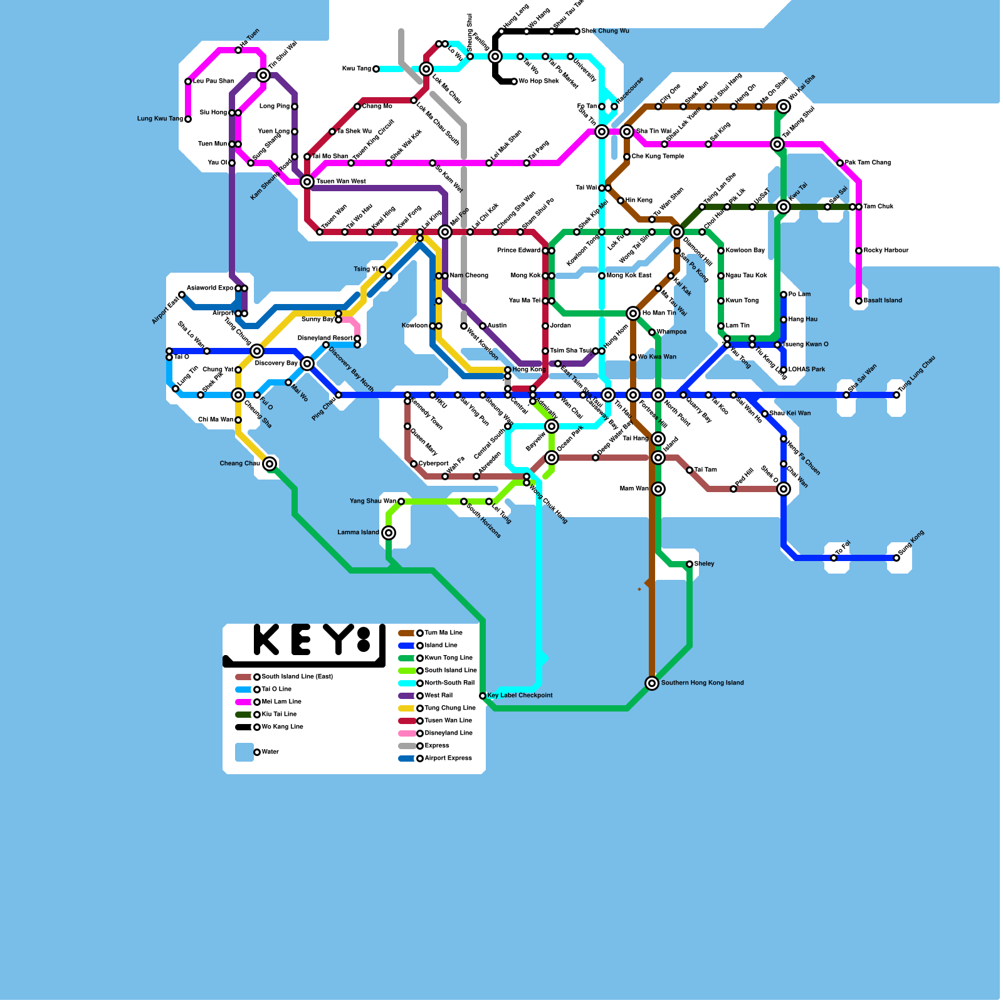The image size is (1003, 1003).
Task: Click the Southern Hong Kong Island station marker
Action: tap(652, 683)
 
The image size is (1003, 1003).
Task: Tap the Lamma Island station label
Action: tap(358, 533)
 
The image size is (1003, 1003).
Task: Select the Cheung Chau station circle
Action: tap(270, 464)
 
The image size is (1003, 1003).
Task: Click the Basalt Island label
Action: tap(883, 301)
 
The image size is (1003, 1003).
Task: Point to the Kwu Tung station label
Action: tap(356, 69)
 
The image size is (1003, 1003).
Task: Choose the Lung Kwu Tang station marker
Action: tap(188, 119)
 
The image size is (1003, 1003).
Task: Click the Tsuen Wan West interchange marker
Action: tap(307, 182)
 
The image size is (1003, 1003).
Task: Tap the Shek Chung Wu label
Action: tap(605, 31)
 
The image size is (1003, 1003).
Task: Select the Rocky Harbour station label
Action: tap(886, 251)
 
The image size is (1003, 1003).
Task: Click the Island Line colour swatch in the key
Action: tap(406, 646)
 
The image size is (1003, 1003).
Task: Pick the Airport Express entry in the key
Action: tap(448, 759)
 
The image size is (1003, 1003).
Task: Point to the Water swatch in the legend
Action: tap(244, 752)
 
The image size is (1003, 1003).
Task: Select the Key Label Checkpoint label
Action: tap(520, 696)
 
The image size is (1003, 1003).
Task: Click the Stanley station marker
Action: tap(690, 564)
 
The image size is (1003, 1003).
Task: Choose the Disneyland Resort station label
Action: tap(325, 339)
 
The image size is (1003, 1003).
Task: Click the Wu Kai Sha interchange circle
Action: tap(784, 107)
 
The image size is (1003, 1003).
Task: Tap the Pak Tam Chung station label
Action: tap(868, 163)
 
